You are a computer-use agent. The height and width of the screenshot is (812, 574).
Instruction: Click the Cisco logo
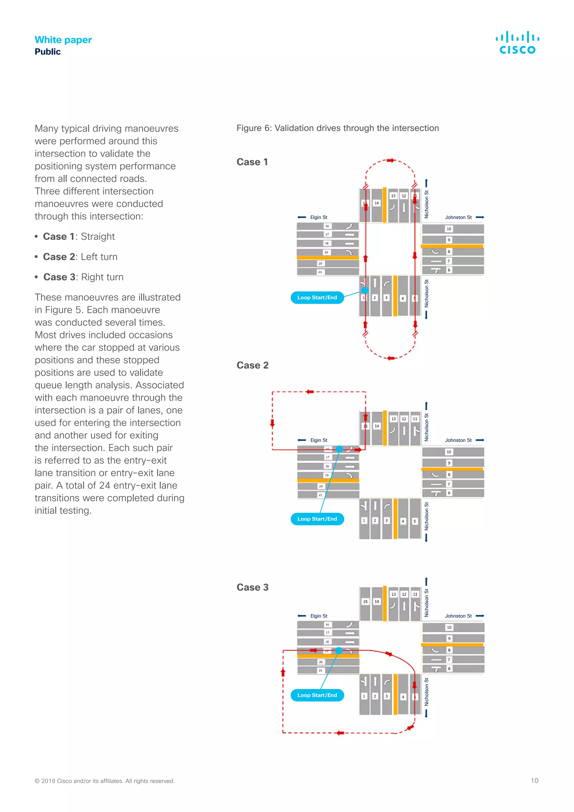pos(517,42)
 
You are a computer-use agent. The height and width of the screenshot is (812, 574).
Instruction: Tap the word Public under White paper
pos(48,52)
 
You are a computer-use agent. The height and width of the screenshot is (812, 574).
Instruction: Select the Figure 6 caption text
pos(337,128)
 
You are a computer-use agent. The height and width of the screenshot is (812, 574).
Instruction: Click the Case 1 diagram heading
pos(252,162)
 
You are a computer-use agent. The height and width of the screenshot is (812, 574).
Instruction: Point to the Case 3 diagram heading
pos(252,587)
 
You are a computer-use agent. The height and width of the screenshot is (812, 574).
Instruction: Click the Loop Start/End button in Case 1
pos(317,297)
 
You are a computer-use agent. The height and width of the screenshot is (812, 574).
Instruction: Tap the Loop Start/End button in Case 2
pos(317,519)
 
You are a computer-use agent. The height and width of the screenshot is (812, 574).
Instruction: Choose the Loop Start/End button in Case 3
pos(317,695)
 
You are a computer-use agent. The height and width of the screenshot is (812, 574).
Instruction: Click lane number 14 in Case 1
pos(376,203)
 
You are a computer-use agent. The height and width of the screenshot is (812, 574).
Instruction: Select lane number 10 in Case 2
pos(449,452)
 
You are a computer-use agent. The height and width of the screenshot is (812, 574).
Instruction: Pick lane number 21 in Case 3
pos(321,670)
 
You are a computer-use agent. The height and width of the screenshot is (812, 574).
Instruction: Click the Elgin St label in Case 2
pos(318,440)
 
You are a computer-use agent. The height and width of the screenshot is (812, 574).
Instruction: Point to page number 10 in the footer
pos(534,781)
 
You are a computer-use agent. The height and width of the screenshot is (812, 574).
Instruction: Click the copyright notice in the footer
pos(105,781)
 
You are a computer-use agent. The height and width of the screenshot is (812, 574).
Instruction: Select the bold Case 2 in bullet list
pos(59,257)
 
